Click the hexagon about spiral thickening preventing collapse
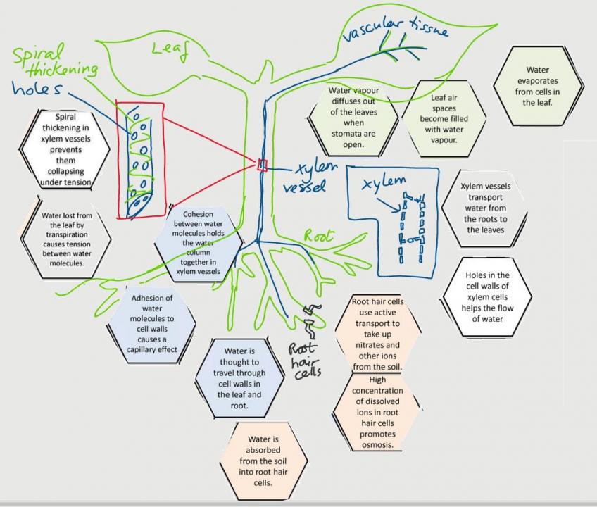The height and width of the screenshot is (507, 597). [65, 149]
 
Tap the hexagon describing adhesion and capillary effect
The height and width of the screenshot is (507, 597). [152, 323]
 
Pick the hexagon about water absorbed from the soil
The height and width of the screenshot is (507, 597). [264, 461]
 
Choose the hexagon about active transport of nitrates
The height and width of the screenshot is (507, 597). [377, 334]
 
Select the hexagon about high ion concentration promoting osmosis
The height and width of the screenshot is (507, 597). [377, 413]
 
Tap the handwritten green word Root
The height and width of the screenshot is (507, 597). [319, 235]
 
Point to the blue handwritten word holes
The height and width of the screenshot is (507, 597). [42, 89]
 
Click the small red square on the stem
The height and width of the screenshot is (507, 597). [263, 165]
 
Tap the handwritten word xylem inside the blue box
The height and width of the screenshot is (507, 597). [384, 184]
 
